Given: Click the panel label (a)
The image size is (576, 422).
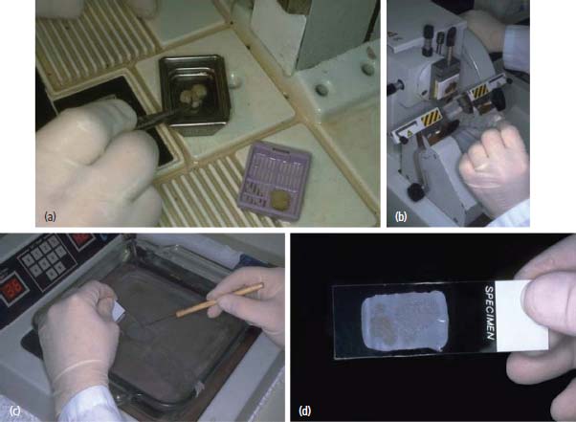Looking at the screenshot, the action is (50, 216).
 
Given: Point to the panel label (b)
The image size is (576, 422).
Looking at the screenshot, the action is (401, 216).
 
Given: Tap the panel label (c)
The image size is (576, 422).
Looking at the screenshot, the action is (14, 411).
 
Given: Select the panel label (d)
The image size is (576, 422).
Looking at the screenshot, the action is (305, 411).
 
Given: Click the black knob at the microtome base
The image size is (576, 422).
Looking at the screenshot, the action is (415, 192).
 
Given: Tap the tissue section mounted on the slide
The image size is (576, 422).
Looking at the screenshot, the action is (405, 322).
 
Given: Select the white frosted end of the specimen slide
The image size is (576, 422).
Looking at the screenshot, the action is (521, 315).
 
